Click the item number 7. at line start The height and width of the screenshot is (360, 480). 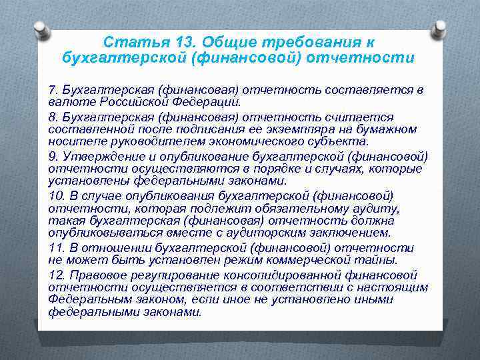coord(53,90)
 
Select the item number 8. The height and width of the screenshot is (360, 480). coord(53,117)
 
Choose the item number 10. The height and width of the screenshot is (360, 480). coord(57,195)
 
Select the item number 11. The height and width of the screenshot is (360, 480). coord(57,247)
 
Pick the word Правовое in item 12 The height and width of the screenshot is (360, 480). coord(96,274)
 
